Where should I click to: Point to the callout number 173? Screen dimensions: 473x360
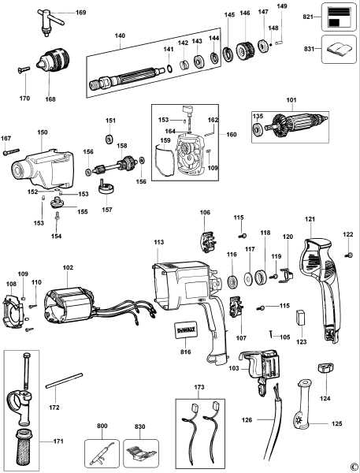coord(198,389)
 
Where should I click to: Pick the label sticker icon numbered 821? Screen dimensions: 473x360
coord(338,17)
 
